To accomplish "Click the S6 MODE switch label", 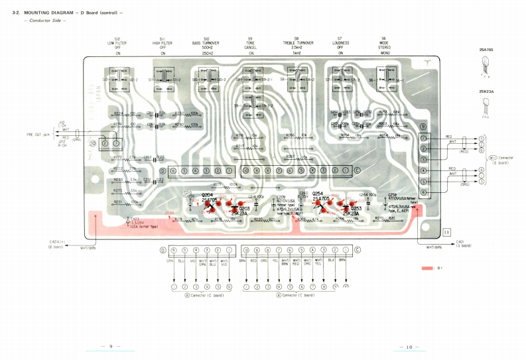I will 384,42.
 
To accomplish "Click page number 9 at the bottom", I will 110,346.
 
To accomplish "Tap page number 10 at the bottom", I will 408,346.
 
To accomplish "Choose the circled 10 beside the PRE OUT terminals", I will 94,143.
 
